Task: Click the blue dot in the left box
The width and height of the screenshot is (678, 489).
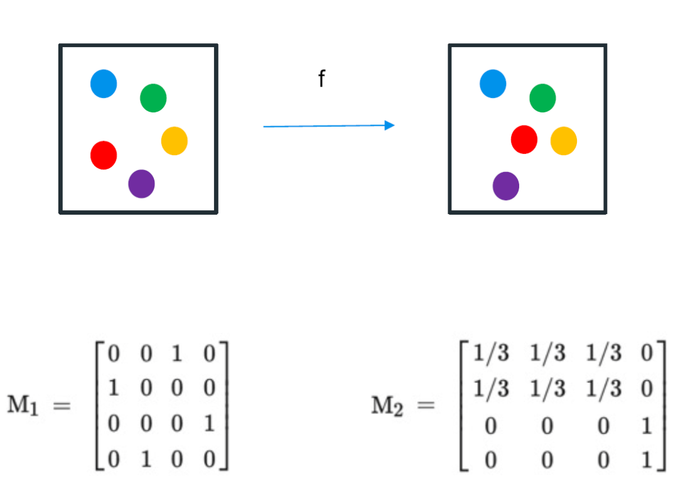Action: [x=104, y=83]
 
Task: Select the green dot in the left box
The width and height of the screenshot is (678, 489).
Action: [x=153, y=98]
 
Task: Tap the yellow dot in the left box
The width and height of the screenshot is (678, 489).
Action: [x=175, y=141]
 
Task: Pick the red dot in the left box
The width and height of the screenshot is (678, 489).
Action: [x=104, y=155]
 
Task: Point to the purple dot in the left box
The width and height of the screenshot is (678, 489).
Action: [x=141, y=184]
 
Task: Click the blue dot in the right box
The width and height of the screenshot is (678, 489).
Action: [x=493, y=83]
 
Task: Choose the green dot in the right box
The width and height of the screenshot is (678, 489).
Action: [x=542, y=98]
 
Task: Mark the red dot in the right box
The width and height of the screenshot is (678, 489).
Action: [x=524, y=139]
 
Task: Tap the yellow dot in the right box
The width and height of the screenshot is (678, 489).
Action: [x=564, y=141]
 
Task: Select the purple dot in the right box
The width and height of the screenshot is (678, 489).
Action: [x=506, y=186]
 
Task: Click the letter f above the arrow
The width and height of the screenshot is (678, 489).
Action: [x=321, y=79]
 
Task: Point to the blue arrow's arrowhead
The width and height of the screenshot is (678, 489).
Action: [x=389, y=126]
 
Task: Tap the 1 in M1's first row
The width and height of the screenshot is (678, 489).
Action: [x=178, y=354]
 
